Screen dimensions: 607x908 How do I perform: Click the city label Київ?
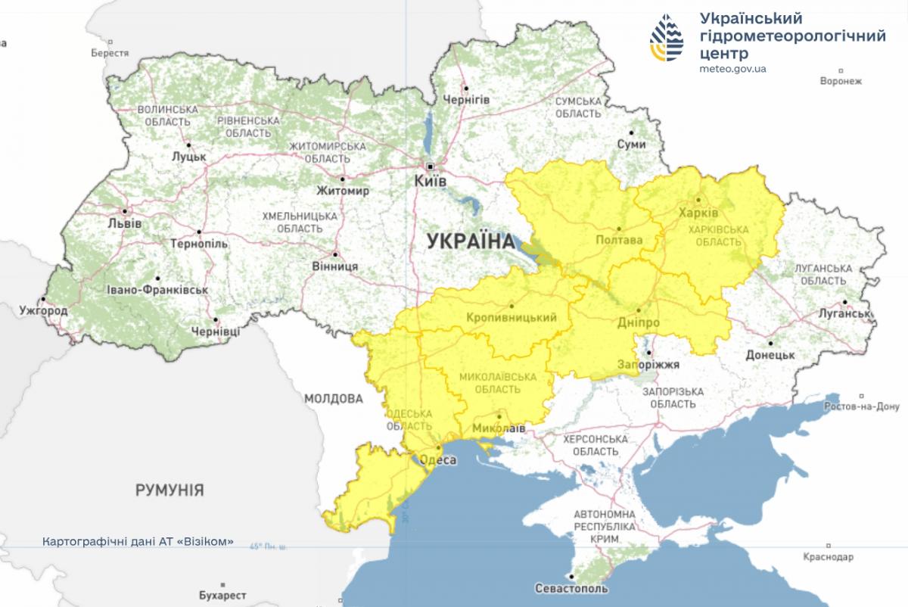pyautogui.click(x=431, y=182)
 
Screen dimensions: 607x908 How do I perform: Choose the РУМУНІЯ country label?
pyautogui.click(x=169, y=490)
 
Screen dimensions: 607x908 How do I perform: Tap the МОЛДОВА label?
pyautogui.click(x=334, y=398)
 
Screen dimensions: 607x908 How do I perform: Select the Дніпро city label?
pyautogui.click(x=639, y=322)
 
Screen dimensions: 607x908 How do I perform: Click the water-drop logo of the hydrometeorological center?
pyautogui.click(x=669, y=39)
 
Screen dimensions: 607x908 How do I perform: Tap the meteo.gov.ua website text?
pyautogui.click(x=733, y=69)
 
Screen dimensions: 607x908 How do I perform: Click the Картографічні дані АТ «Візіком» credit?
pyautogui.click(x=138, y=542)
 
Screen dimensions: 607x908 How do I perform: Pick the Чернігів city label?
pyautogui.click(x=466, y=100)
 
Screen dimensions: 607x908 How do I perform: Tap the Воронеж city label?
pyautogui.click(x=841, y=81)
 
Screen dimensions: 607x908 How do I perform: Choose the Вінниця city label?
pyautogui.click(x=334, y=266)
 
